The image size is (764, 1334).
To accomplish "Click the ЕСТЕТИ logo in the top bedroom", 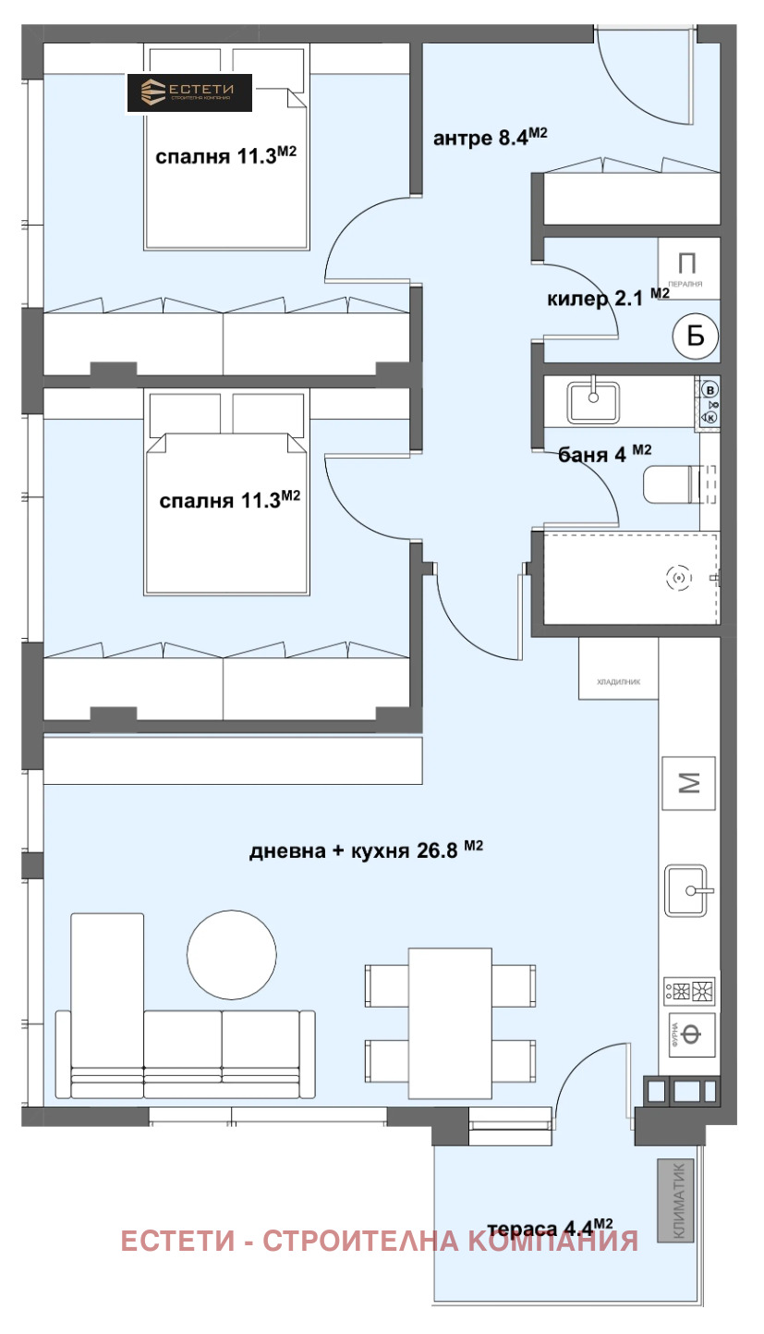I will (189, 92).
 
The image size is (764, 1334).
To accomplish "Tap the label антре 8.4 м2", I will (491, 139).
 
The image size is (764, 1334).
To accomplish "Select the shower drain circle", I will (679, 579).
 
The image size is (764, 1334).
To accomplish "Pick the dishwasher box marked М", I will (689, 783).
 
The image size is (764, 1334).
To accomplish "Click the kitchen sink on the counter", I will (687, 890).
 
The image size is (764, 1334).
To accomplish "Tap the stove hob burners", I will (689, 992).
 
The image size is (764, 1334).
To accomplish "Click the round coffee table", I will (231, 956).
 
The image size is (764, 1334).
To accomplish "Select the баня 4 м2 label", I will (606, 453).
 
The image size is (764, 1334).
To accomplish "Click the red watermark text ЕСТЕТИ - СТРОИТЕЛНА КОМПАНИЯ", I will (380, 1240).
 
